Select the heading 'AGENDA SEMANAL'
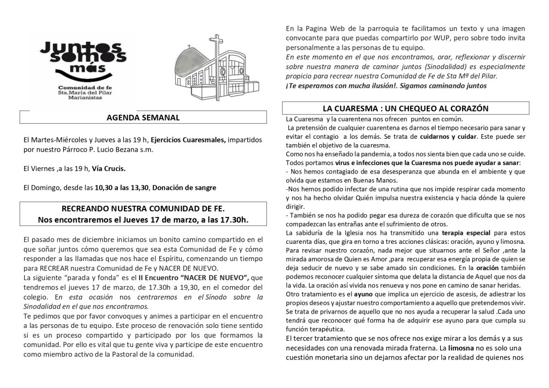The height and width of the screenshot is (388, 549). click(143, 117)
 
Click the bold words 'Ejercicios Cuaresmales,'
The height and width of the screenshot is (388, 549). click(188, 139)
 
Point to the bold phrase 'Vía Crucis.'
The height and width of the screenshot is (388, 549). click(109, 168)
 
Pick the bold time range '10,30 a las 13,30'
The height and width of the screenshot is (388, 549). click(121, 188)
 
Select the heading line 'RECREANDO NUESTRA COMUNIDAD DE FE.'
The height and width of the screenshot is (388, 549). click(143, 208)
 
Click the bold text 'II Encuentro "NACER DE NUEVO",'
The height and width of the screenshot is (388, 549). click(194, 277)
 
